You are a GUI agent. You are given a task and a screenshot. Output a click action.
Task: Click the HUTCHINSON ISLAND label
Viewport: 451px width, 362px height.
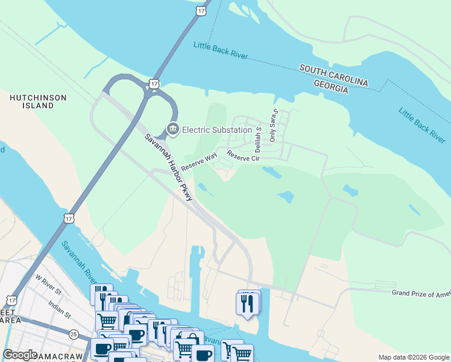coord(31,101)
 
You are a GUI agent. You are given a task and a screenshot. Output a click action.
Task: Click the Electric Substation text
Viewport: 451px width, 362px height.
coord(216,130)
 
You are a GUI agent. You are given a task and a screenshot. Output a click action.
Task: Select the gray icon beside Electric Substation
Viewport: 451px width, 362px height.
coord(173,129)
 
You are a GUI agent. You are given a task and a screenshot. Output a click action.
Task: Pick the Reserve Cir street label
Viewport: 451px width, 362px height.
coord(243,159)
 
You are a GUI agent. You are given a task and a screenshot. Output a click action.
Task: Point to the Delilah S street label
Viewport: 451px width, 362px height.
coord(258,139)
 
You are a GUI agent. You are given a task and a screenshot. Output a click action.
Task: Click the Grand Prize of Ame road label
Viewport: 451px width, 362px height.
coord(421,294)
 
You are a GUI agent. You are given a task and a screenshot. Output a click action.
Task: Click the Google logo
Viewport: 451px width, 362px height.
coord(20,355)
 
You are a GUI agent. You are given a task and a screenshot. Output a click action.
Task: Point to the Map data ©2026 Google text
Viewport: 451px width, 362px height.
coord(414,357)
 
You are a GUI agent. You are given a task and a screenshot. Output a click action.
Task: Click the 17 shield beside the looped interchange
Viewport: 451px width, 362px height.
coord(155,83)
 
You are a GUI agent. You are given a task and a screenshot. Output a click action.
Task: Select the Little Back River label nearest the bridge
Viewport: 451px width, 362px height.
coord(221,51)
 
